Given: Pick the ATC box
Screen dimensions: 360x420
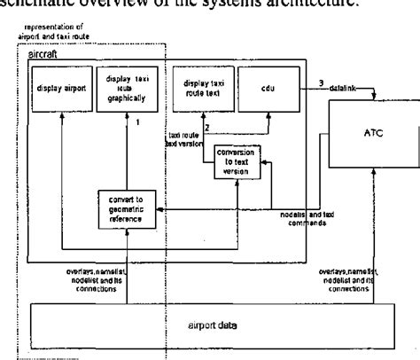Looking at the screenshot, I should tap(376, 133).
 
